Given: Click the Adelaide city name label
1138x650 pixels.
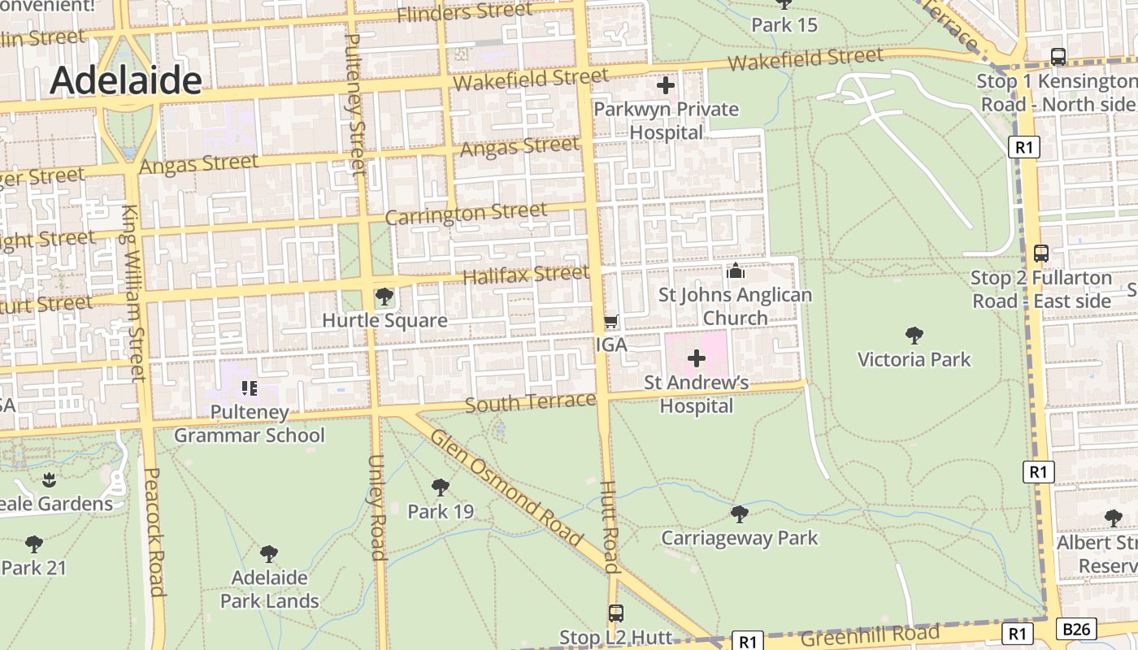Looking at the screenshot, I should coord(126,80).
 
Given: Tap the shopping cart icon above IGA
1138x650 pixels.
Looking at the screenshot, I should coord(611,321).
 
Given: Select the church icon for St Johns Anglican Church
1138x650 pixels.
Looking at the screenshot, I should coord(736,271).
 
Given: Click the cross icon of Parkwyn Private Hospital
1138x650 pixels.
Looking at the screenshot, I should coord(666,84).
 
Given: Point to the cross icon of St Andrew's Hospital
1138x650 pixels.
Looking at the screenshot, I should coord(697,357).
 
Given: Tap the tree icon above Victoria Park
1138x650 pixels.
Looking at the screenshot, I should coord(914,335).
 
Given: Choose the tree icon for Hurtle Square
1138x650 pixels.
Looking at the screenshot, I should coord(384,297).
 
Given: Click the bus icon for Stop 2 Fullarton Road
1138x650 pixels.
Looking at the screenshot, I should coord(1041,253).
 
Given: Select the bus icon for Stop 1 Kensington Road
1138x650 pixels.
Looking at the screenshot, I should coord(1058,57).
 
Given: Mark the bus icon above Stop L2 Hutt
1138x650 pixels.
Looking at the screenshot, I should coord(616,613).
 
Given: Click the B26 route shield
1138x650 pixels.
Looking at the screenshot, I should coord(1077,628).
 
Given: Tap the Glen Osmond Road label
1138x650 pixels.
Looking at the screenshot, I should coord(506,487).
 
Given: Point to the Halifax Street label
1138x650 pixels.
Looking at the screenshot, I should coord(526,275).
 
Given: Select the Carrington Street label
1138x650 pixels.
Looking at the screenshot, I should coord(466,214).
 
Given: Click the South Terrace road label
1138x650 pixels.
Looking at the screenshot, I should coord(531,402).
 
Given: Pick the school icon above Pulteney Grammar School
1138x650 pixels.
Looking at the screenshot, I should coord(250,388).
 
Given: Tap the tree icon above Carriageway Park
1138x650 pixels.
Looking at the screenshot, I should coord(739,513).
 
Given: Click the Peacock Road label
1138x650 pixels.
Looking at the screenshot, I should coord(154,531).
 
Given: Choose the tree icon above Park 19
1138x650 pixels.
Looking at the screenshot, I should coord(441,487).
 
